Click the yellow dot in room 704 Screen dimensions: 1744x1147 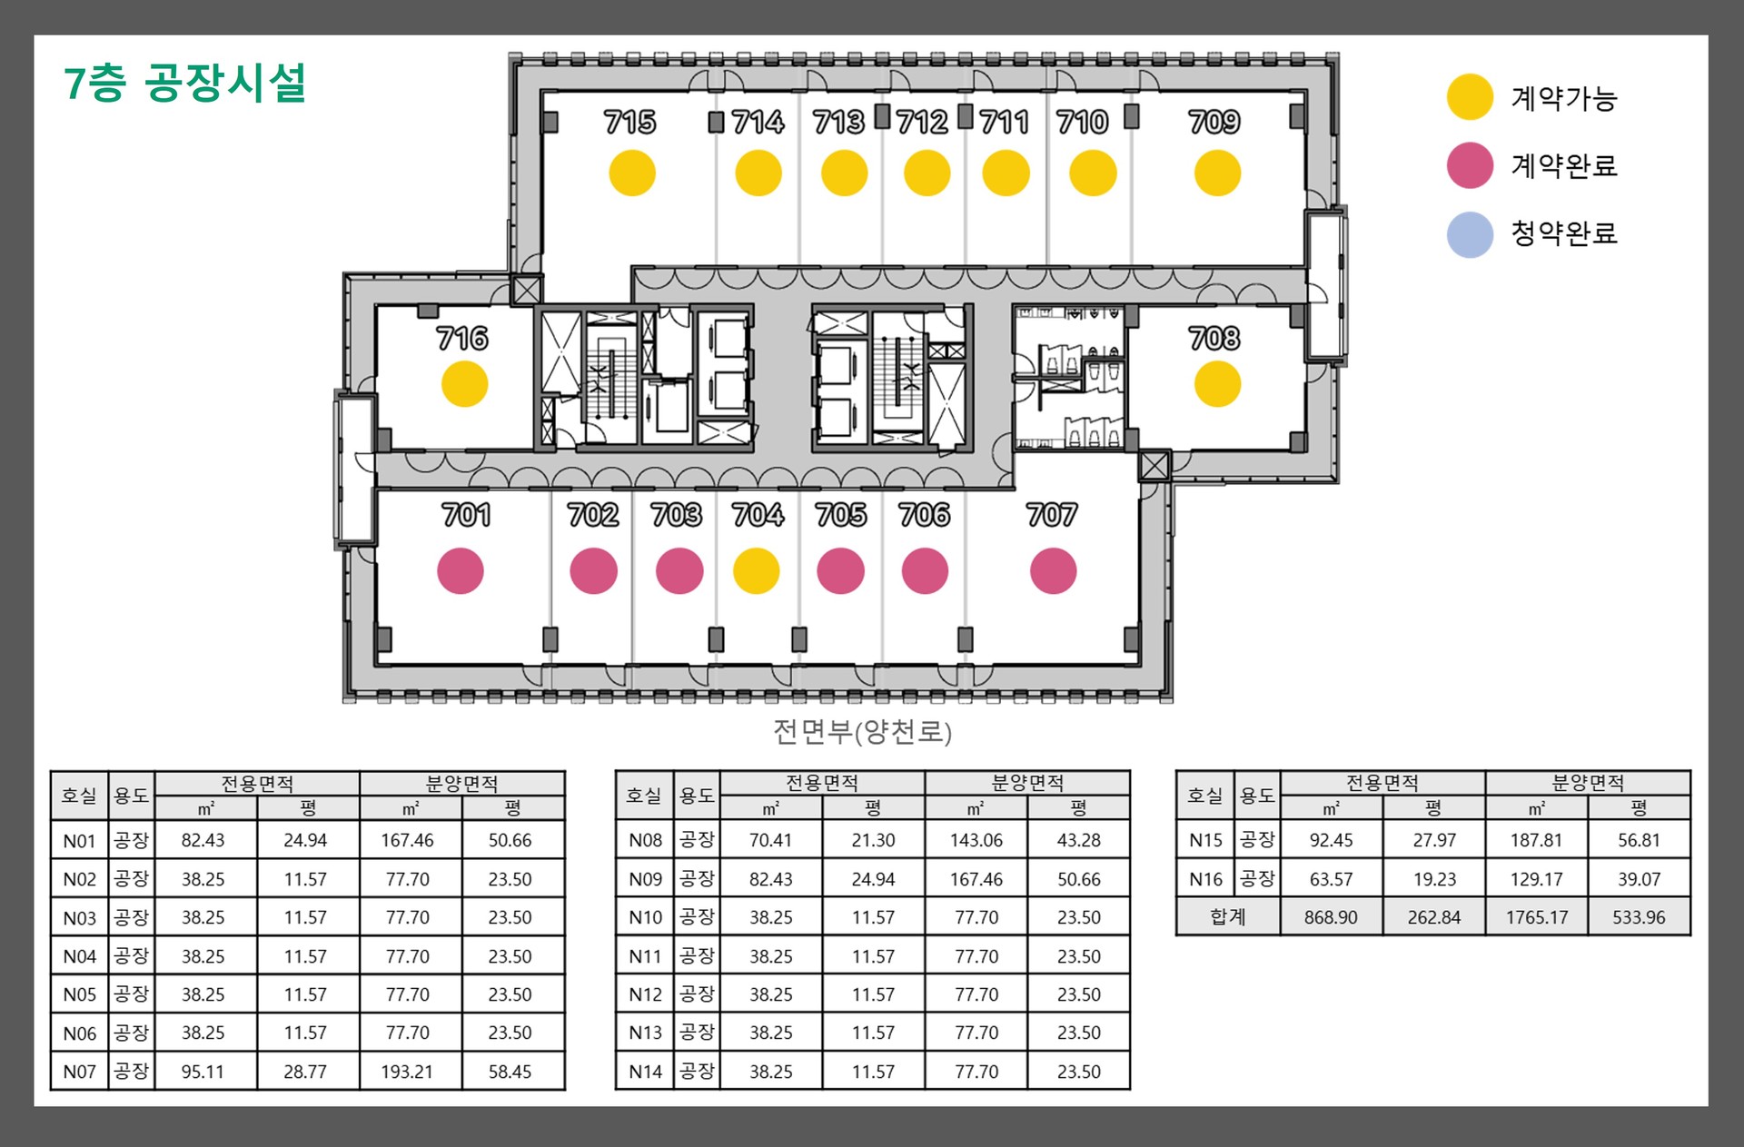point(757,571)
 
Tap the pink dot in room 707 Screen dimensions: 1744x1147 point(1054,571)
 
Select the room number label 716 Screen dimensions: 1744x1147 point(462,339)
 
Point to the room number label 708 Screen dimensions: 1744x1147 point(1214,339)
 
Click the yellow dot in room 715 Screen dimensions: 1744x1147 point(632,173)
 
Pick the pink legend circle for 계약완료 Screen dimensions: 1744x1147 point(1471,165)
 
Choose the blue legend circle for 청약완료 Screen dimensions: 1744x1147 point(1471,234)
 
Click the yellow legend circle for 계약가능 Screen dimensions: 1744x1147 point(1471,97)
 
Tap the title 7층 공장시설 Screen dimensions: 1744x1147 point(185,83)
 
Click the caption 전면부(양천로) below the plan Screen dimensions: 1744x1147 point(862,732)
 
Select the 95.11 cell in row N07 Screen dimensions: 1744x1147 point(203,1072)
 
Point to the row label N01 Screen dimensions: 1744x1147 point(80,841)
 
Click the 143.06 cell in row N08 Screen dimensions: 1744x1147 point(976,841)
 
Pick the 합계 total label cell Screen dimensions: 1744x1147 point(1228,917)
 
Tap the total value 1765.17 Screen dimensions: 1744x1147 point(1537,917)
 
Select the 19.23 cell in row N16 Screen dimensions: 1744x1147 point(1434,879)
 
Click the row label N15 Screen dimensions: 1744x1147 point(1206,841)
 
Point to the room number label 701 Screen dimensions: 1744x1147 point(467,516)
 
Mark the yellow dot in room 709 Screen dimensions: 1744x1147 point(1217,173)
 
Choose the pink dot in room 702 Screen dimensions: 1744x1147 point(594,571)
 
